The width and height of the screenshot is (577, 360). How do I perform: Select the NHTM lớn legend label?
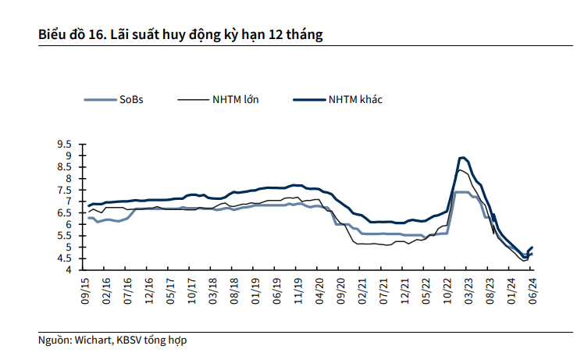[x=235, y=100]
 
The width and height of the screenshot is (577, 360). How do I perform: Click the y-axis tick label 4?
[x=69, y=270]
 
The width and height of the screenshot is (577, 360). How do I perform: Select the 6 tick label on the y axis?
[x=69, y=225]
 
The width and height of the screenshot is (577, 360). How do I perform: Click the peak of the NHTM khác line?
[x=463, y=158]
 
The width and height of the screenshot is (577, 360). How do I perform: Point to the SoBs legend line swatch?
[x=100, y=100]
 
